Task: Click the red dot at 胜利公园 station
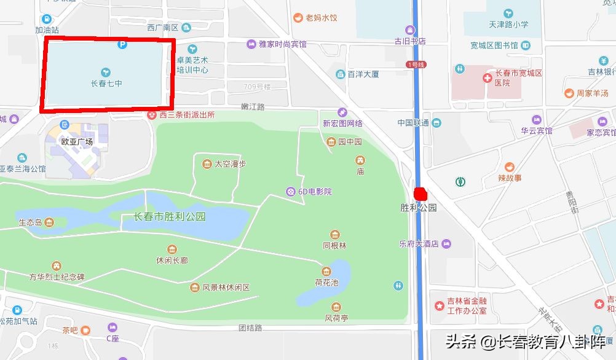(x=421, y=194)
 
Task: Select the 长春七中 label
(x=106, y=83)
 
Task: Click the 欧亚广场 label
(x=77, y=141)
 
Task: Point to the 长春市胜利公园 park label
(x=169, y=217)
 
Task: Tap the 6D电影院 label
(x=315, y=192)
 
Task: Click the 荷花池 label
(x=326, y=283)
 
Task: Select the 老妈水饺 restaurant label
(x=322, y=18)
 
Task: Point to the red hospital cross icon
(x=487, y=78)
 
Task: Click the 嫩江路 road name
(x=253, y=107)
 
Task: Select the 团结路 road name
(x=250, y=327)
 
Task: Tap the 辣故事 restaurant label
(x=509, y=178)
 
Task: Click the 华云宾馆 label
(x=537, y=131)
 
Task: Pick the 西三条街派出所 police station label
(x=187, y=114)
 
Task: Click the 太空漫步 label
(x=229, y=164)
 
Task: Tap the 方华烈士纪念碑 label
(x=57, y=277)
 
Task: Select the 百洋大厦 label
(x=363, y=74)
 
